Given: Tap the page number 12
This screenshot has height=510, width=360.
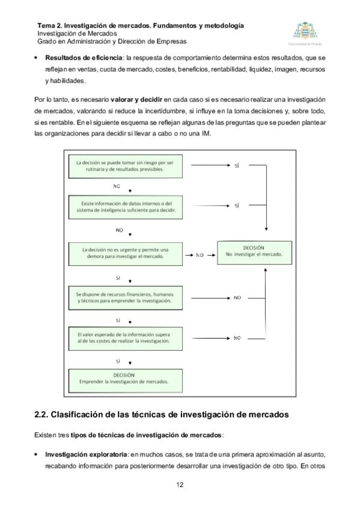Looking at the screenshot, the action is point(180,485).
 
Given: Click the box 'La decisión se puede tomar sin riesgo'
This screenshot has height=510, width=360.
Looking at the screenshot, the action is point(126,166).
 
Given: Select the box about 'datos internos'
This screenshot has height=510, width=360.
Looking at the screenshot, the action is point(126,207).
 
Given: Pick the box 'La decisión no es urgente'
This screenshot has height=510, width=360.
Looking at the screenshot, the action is point(126,254).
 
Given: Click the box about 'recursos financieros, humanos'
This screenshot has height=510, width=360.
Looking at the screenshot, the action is point(126,298).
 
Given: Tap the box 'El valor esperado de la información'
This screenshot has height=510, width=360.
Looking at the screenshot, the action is point(126,339).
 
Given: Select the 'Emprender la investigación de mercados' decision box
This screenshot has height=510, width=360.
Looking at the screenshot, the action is point(126,381).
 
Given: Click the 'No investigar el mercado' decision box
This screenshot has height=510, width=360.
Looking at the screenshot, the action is point(254,253).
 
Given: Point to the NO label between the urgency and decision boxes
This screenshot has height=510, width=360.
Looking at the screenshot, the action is point(200,256).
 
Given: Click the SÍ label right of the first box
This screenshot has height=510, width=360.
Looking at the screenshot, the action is point(237,166).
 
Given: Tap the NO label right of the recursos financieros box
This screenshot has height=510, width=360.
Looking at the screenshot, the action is point(237,298).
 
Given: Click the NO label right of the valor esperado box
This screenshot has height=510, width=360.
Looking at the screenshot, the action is point(237,338).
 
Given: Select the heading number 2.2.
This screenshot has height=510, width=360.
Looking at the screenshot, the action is point(41,415).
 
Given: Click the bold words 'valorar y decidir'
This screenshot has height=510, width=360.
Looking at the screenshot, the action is point(136,99).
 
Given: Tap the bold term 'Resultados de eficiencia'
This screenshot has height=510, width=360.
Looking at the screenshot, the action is point(84,58).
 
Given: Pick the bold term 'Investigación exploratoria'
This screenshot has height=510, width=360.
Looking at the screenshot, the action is point(86,455).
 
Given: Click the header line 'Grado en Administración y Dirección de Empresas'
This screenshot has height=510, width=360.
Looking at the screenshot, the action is point(112,41).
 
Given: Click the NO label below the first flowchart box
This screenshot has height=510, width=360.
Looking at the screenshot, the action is point(117,186).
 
